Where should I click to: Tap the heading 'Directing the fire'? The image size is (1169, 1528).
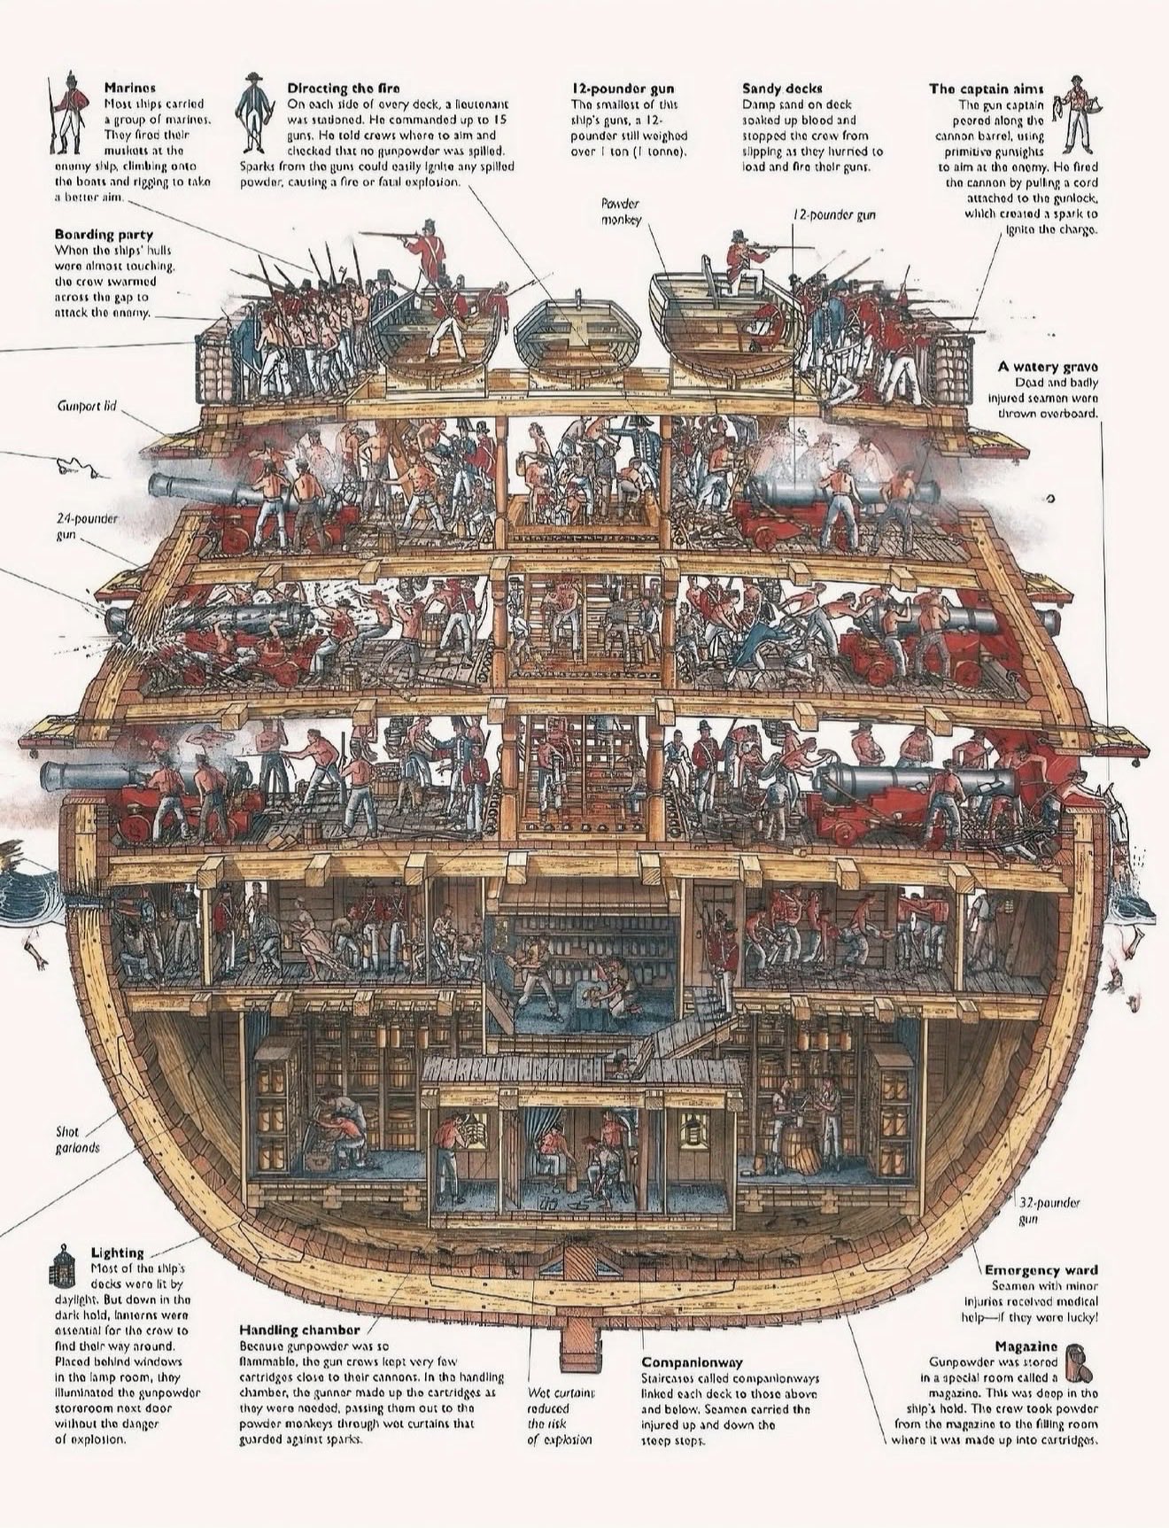click(343, 88)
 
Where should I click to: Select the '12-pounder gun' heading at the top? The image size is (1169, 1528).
click(622, 88)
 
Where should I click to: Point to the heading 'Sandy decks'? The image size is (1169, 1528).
click(781, 88)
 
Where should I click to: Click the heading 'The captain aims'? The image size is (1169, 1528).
click(986, 88)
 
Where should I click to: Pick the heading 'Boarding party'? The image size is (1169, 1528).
click(104, 235)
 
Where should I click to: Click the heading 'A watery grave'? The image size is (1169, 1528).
click(1048, 366)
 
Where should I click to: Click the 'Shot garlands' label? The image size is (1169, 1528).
click(78, 1139)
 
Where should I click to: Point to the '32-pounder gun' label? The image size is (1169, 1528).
click(1049, 1211)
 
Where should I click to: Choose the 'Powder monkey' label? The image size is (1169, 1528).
click(621, 211)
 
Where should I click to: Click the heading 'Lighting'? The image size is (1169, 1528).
click(117, 1252)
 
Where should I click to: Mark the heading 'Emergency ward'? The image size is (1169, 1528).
click(1041, 1269)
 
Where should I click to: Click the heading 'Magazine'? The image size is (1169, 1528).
click(1026, 1346)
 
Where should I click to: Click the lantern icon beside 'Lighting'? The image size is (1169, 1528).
click(61, 1265)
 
